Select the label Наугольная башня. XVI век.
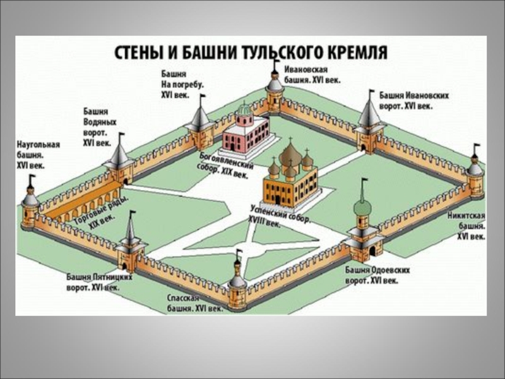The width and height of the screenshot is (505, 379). pyautogui.click(x=38, y=154)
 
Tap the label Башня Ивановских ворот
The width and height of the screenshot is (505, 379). pyautogui.click(x=414, y=100)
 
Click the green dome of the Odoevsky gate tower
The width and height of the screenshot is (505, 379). pyautogui.click(x=362, y=207)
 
